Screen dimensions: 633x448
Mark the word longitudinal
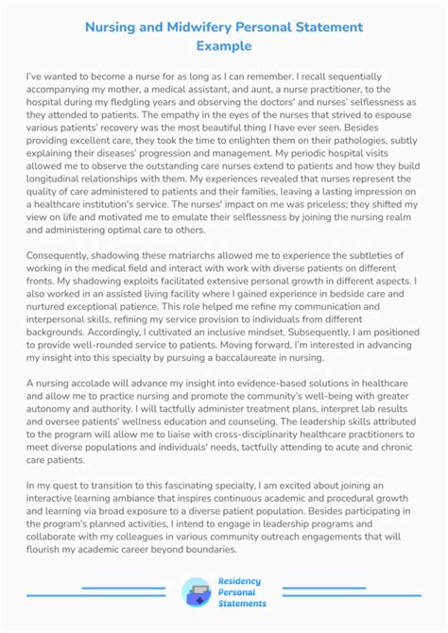point(60,200)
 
